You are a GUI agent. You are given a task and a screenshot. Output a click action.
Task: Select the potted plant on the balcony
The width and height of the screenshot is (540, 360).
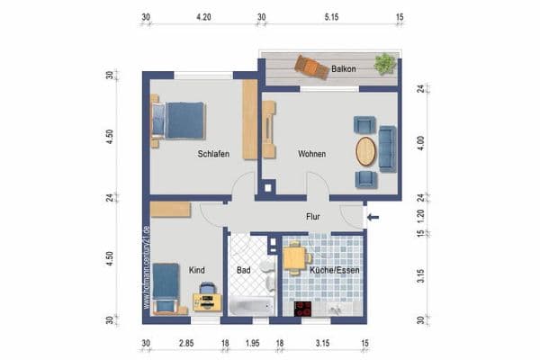(x=385, y=64)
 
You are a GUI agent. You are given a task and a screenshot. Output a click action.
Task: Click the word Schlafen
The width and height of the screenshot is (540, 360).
(x=213, y=154)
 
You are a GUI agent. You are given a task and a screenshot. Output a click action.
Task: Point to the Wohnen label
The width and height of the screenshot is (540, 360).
(x=311, y=154)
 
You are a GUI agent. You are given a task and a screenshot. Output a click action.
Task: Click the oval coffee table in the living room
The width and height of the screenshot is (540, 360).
(x=365, y=150)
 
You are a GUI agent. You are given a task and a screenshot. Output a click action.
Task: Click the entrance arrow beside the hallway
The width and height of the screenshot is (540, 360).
(x=374, y=216)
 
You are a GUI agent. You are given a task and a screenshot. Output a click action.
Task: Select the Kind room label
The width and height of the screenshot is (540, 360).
(x=197, y=269)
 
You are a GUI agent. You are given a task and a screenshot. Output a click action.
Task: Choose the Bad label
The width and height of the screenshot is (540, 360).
(x=243, y=269)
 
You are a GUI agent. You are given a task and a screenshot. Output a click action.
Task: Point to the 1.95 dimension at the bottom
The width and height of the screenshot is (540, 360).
(x=253, y=344)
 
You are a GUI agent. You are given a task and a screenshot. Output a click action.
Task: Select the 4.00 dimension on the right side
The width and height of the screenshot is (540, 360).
(x=419, y=143)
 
